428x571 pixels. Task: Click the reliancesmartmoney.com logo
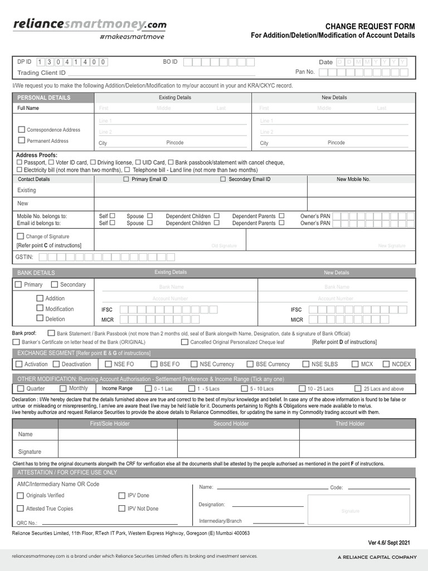[89, 25]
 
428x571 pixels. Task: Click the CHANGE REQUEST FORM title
[370, 26]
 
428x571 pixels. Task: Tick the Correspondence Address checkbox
[22, 129]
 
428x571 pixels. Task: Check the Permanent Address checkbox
[22, 141]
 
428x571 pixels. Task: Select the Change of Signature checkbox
[21, 236]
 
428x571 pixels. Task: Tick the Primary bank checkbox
[18, 284]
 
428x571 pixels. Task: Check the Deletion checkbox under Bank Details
[40, 318]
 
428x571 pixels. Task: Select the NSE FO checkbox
[109, 364]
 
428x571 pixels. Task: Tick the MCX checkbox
[356, 364]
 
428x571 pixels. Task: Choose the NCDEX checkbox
[386, 364]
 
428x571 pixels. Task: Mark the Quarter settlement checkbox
[21, 389]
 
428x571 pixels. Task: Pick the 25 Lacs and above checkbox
[358, 389]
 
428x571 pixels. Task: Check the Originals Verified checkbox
[21, 495]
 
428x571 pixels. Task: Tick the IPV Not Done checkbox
[122, 509]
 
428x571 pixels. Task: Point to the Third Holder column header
[350, 424]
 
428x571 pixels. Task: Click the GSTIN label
[26, 257]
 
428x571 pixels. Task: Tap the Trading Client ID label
[41, 72]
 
